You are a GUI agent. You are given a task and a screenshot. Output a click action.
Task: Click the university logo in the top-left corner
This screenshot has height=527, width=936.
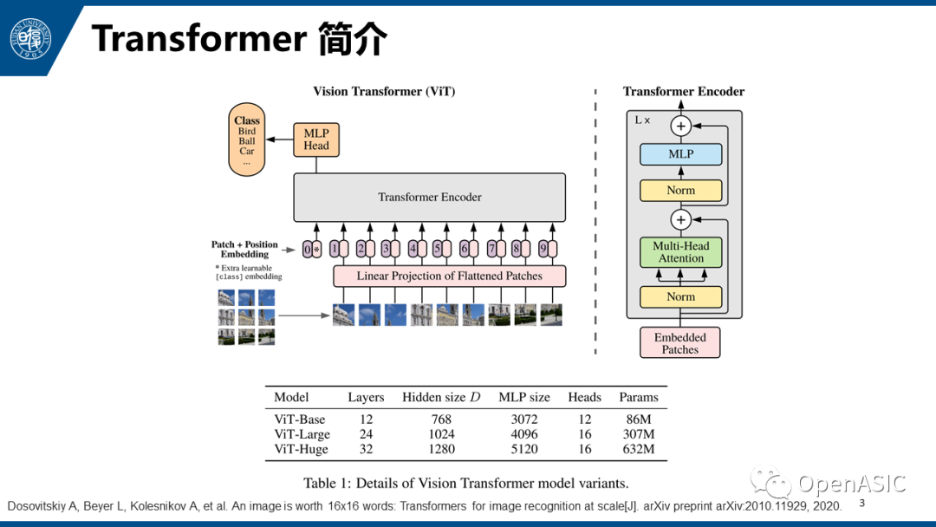[x=30, y=40]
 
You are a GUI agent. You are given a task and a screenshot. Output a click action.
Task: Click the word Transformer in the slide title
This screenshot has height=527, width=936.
[x=198, y=39]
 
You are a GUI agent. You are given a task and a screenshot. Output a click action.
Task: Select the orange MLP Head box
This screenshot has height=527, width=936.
[x=315, y=140]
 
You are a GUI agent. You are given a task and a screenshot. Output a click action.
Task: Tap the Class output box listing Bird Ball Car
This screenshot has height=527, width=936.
[x=247, y=140]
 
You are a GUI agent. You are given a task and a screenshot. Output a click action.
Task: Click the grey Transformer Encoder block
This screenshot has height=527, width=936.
[x=429, y=197]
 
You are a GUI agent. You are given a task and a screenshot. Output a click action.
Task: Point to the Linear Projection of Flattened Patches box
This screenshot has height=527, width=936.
[x=449, y=276]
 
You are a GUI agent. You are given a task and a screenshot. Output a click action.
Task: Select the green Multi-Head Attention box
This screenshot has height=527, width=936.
[x=680, y=252]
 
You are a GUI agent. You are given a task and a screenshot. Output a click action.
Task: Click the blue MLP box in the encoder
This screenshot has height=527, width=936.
[x=680, y=154]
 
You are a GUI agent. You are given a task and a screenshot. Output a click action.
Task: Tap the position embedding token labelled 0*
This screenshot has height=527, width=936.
[x=311, y=250]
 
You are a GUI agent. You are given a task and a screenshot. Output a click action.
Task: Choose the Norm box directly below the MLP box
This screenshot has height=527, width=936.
[x=680, y=190]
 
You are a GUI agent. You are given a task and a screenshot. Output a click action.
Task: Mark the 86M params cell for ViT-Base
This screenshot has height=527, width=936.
[x=638, y=420]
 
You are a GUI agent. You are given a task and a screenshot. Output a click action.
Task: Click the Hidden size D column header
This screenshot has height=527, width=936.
[x=440, y=397]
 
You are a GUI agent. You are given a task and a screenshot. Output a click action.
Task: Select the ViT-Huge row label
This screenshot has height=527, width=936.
[x=301, y=449]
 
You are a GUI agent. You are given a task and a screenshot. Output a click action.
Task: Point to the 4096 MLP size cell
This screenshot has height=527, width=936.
[x=523, y=434]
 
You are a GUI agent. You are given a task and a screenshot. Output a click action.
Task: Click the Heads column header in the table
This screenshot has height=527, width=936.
[x=584, y=397]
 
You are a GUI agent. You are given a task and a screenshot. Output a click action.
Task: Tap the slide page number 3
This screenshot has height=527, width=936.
[x=861, y=503]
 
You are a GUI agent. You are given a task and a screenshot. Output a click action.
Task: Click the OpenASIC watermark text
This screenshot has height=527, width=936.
[x=851, y=484]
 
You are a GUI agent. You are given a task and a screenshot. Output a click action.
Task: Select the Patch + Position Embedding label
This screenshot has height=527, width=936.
[x=245, y=250]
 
